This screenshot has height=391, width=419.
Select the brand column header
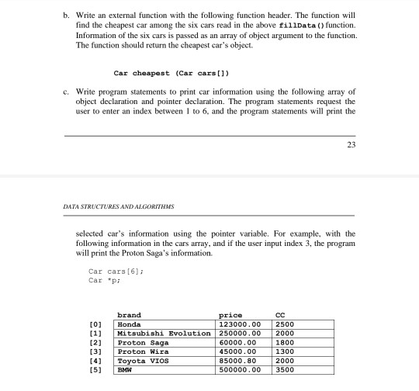(x=129, y=315)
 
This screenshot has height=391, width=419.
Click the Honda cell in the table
(x=129, y=324)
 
